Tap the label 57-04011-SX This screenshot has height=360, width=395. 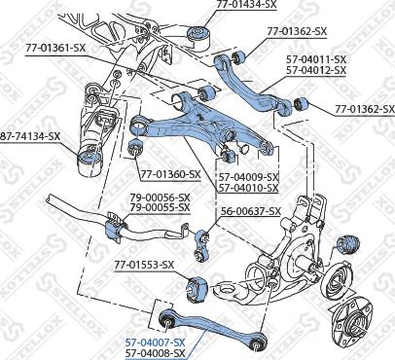pyautogui.click(x=318, y=58)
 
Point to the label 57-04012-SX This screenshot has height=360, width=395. pyautogui.click(x=318, y=70)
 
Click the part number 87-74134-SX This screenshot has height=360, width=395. pyautogui.click(x=29, y=137)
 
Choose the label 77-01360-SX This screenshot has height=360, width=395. pyautogui.click(x=169, y=175)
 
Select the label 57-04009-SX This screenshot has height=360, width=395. pyautogui.click(x=248, y=176)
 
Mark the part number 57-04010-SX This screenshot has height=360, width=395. pyautogui.click(x=248, y=187)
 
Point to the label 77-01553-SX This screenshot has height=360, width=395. pyautogui.click(x=144, y=265)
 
